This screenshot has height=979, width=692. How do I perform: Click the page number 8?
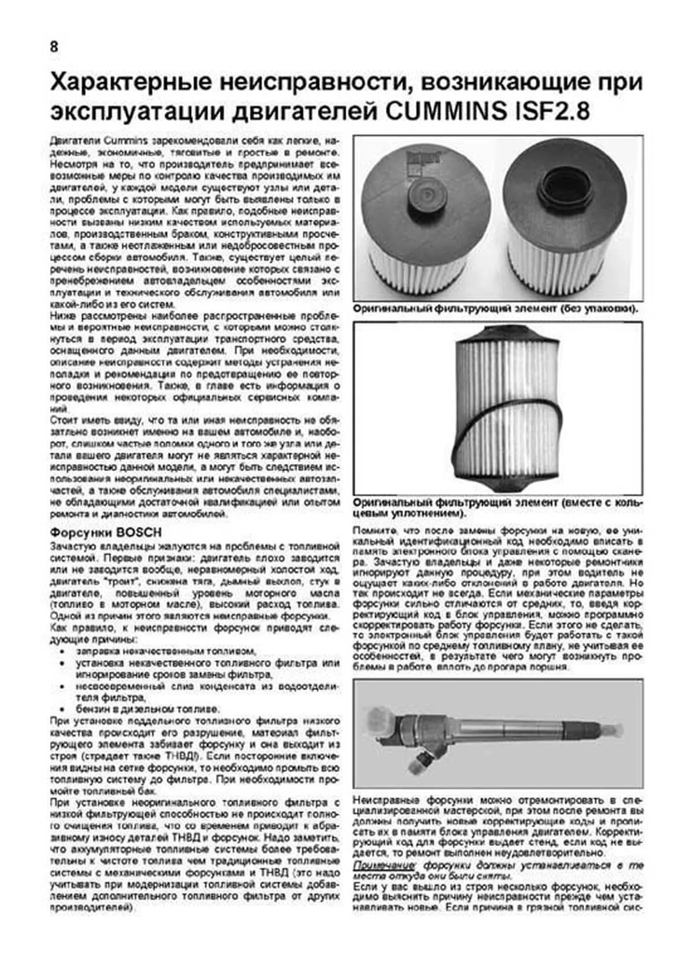pyautogui.click(x=54, y=48)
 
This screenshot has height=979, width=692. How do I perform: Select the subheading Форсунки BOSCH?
pyautogui.click(x=106, y=532)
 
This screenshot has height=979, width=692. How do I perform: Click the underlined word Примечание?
pyautogui.click(x=384, y=882)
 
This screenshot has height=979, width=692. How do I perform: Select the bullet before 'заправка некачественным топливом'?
pyautogui.click(x=63, y=651)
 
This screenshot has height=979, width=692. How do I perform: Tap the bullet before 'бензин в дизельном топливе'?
pyautogui.click(x=63, y=709)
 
